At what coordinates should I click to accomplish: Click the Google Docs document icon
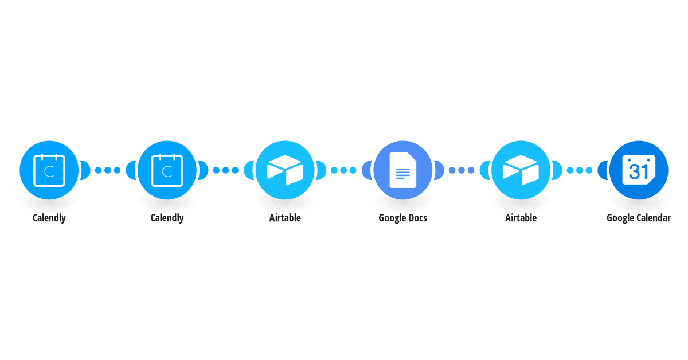click(402, 170)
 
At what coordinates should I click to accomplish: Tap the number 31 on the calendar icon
click(638, 171)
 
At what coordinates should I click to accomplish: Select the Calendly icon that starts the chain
click(49, 170)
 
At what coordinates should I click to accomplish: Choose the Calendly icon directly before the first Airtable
click(167, 170)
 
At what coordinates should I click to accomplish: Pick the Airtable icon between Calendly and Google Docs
click(285, 170)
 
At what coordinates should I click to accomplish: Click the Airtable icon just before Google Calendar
click(521, 170)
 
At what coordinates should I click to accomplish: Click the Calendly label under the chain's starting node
click(49, 218)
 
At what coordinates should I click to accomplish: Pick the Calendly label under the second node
click(167, 218)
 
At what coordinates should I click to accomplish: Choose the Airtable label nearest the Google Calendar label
click(521, 218)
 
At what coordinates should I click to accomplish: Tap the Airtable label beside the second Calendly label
click(285, 218)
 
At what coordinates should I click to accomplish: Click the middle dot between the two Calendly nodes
click(108, 170)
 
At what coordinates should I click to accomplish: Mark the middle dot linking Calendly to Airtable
click(226, 170)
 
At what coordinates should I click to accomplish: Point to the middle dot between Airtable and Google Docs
click(343, 170)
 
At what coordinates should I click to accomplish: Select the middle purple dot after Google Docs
click(462, 170)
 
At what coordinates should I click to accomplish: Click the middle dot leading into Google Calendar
click(580, 170)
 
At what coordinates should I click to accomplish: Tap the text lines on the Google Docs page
click(402, 174)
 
